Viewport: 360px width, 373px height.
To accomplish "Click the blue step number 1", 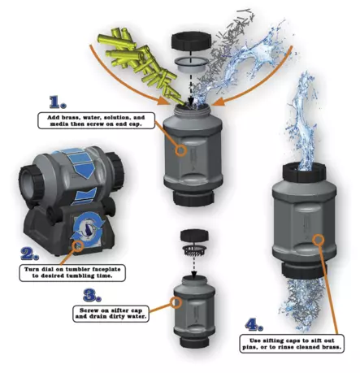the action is coord(58,102).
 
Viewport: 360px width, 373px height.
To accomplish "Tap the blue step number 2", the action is coord(30,254).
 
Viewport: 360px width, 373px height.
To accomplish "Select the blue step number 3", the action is coord(92,295).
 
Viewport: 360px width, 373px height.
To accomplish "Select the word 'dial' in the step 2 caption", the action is coord(47,269).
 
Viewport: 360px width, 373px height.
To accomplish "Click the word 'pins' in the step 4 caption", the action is coord(249,347).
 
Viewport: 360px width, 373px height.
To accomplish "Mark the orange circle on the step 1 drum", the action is coord(180,150).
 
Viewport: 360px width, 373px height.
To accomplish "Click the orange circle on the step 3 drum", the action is coord(176,302).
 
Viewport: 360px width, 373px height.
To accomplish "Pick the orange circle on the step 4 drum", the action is coord(319,240).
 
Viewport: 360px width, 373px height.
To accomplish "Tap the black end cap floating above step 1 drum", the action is coord(191,41).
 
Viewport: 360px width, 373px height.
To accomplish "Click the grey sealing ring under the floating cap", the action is coord(191,65).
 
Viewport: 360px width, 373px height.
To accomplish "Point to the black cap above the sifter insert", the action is coord(194,235).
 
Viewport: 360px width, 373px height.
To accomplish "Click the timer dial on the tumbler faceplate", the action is coord(87,230).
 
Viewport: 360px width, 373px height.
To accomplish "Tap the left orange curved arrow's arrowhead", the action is coord(164,100).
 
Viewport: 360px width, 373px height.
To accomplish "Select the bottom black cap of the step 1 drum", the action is coord(193,198).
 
